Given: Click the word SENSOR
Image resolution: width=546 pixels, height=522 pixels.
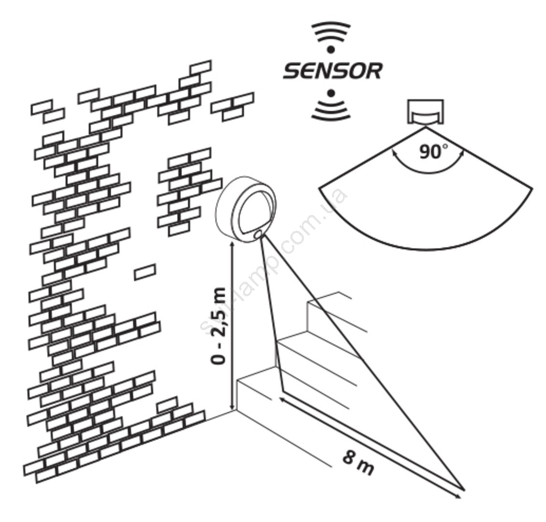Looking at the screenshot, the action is click(332, 71).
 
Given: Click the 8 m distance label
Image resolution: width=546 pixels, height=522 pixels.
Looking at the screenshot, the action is click(359, 464).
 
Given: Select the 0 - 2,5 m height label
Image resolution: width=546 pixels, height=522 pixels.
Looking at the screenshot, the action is click(219, 325).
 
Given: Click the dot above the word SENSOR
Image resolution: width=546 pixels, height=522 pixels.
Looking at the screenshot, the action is click(331, 49).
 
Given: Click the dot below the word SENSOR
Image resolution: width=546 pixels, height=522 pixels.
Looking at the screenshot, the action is click(331, 93).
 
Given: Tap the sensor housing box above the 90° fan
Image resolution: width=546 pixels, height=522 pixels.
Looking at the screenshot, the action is click(426, 112).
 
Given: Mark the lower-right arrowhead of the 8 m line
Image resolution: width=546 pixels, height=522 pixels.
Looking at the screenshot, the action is click(459, 496).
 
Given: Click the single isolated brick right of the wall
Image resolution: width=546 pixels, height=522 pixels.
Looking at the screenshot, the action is click(145, 272).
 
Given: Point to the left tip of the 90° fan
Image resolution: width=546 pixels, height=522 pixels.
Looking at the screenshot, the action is click(319, 188).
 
